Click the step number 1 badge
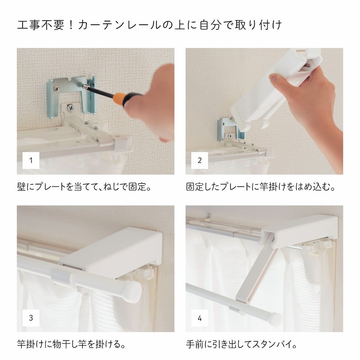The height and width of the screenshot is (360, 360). tap(31, 160)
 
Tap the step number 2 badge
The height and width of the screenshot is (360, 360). tap(199, 160)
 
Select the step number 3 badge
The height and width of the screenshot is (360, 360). tap(31, 318)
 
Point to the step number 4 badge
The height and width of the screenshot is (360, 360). tap(199, 318)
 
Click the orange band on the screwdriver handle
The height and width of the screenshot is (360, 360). tap(119, 99)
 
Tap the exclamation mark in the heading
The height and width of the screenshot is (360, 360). tap(71, 25)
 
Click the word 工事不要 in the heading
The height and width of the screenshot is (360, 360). tap(40, 25)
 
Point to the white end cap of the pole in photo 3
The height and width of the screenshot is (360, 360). tap(131, 292)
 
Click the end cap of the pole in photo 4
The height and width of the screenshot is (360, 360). tap(275, 319)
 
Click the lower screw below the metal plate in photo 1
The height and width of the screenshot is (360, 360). tap(71, 107)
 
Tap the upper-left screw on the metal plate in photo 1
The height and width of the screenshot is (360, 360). tap(56, 88)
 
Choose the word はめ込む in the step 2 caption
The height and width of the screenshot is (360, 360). tap(312, 187)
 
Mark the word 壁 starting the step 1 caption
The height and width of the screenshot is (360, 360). tap(21, 187)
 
